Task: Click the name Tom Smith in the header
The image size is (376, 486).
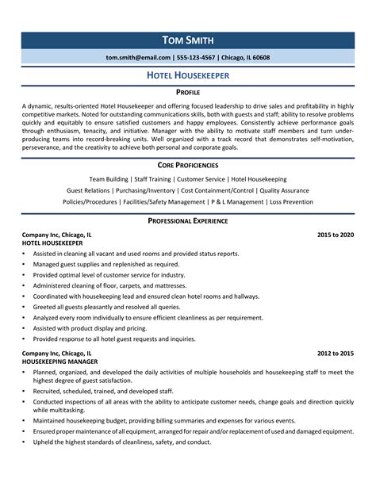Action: click(x=187, y=40)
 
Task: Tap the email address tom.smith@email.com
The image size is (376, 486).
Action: click(x=137, y=58)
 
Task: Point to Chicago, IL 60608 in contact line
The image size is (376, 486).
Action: click(x=244, y=58)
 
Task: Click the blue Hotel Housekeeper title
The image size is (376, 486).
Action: click(x=187, y=76)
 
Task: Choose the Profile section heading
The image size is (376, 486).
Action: click(x=187, y=93)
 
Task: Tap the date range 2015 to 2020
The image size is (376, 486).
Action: click(x=336, y=235)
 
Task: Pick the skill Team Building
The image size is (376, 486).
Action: click(x=109, y=180)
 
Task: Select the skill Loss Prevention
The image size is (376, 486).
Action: click(x=291, y=202)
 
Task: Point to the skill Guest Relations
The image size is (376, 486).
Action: click(x=87, y=191)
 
